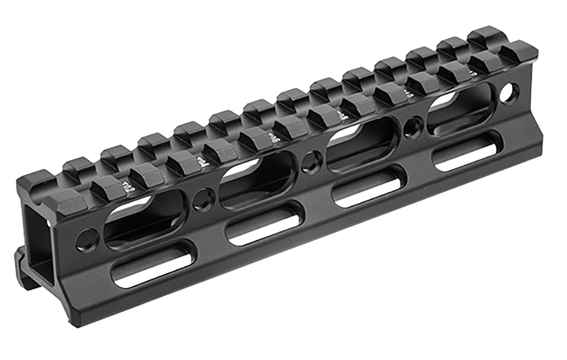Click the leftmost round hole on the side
87,240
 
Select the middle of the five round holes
311,162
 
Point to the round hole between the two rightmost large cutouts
412,127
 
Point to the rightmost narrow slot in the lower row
467,151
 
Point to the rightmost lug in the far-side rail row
487,34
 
